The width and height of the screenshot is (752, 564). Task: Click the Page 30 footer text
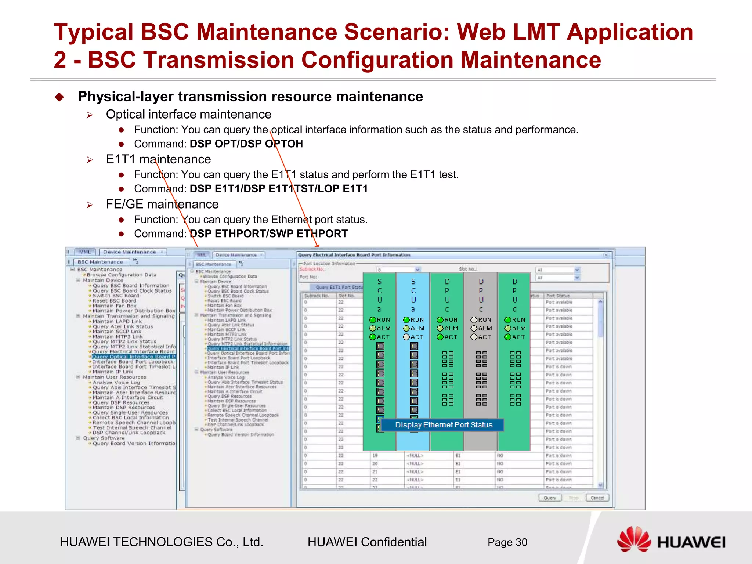click(507, 542)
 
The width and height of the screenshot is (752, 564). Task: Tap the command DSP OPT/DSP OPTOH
click(246, 144)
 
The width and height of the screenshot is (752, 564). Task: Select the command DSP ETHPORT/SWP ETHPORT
click(268, 234)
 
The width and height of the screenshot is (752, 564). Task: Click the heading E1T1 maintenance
click(158, 159)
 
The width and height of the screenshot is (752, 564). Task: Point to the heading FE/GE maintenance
click(162, 204)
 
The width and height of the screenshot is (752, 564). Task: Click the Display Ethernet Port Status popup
click(443, 425)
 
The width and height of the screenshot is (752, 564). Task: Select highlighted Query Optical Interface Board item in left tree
click(134, 357)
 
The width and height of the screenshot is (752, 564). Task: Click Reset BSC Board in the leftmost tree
click(114, 301)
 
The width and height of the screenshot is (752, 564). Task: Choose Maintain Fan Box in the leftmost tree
click(114, 306)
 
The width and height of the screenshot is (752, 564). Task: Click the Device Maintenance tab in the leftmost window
click(129, 252)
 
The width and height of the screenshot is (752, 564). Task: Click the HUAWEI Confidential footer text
click(367, 542)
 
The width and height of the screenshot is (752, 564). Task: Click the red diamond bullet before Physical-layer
click(59, 97)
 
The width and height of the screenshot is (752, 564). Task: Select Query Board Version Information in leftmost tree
click(134, 444)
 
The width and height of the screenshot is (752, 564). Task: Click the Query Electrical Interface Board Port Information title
click(354, 255)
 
